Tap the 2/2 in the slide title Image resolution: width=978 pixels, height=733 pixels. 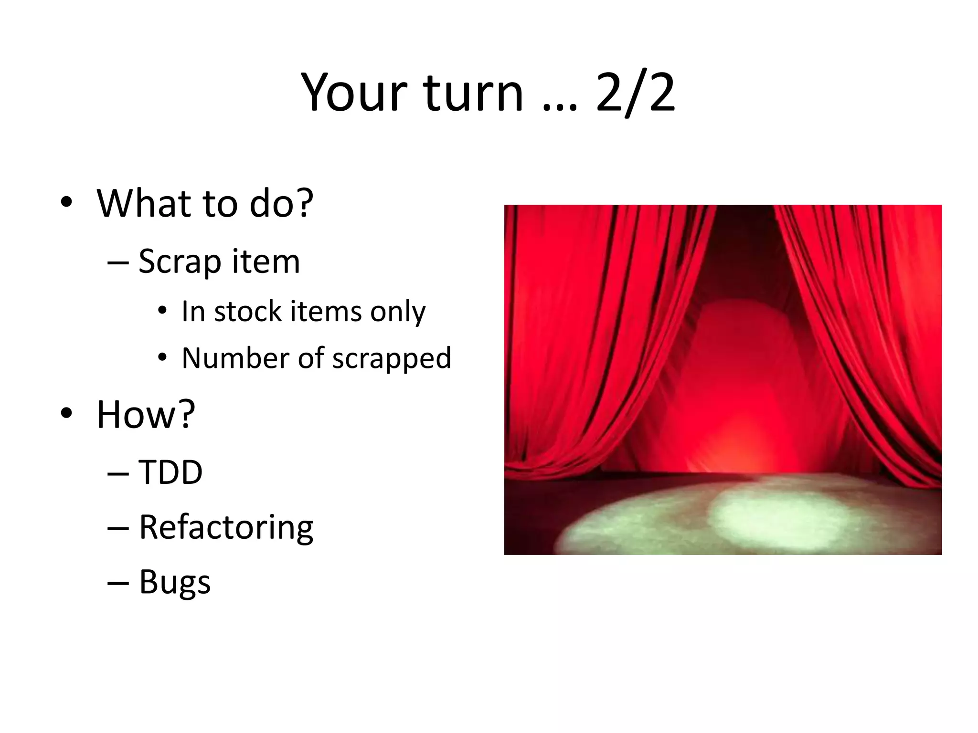[636, 93]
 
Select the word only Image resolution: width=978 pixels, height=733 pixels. [398, 313]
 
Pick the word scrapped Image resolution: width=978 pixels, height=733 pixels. [392, 359]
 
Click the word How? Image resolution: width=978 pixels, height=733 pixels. [146, 414]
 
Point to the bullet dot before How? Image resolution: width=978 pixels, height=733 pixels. [66, 413]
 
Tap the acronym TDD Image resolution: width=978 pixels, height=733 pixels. [170, 472]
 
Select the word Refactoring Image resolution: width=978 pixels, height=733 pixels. [226, 528]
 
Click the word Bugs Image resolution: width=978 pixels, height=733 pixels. [175, 582]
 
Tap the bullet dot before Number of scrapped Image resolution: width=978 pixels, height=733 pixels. [162, 357]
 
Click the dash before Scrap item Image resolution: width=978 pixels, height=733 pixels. [118, 262]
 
